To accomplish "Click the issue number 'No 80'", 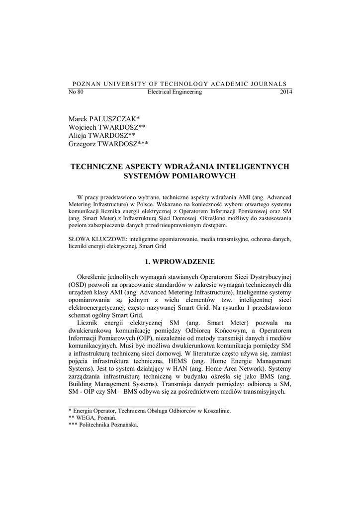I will click(x=76, y=92).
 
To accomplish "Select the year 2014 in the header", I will click(x=286, y=92).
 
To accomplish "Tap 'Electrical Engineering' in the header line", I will click(x=175, y=92).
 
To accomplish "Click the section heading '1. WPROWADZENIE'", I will click(x=180, y=260).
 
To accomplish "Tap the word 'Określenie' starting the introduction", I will click(x=92, y=276).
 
